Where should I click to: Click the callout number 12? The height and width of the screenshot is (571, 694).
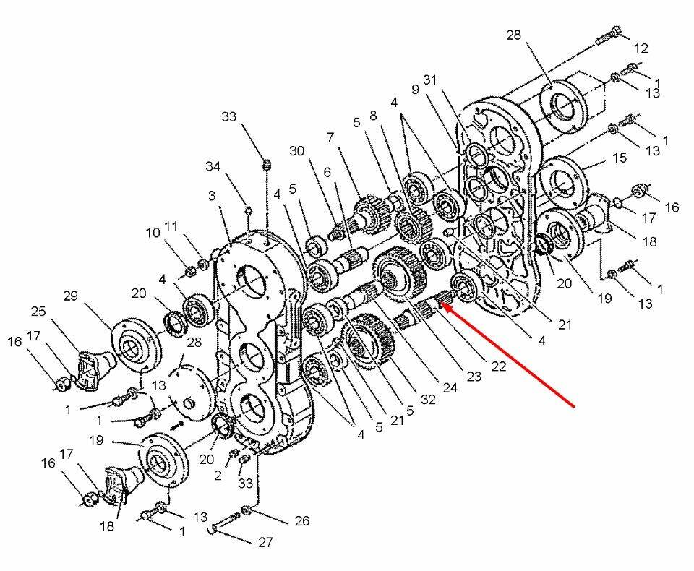point(641,48)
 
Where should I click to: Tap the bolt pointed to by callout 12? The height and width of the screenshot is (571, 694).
point(609,36)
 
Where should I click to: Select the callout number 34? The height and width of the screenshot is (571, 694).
point(213,166)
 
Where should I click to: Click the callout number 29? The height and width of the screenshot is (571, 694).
point(70,296)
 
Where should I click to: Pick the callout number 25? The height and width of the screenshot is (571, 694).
point(38,312)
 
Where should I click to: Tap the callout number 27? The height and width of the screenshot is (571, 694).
point(265,542)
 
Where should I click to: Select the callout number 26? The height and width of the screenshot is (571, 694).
point(302,520)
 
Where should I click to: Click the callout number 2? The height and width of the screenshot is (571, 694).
point(218,476)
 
